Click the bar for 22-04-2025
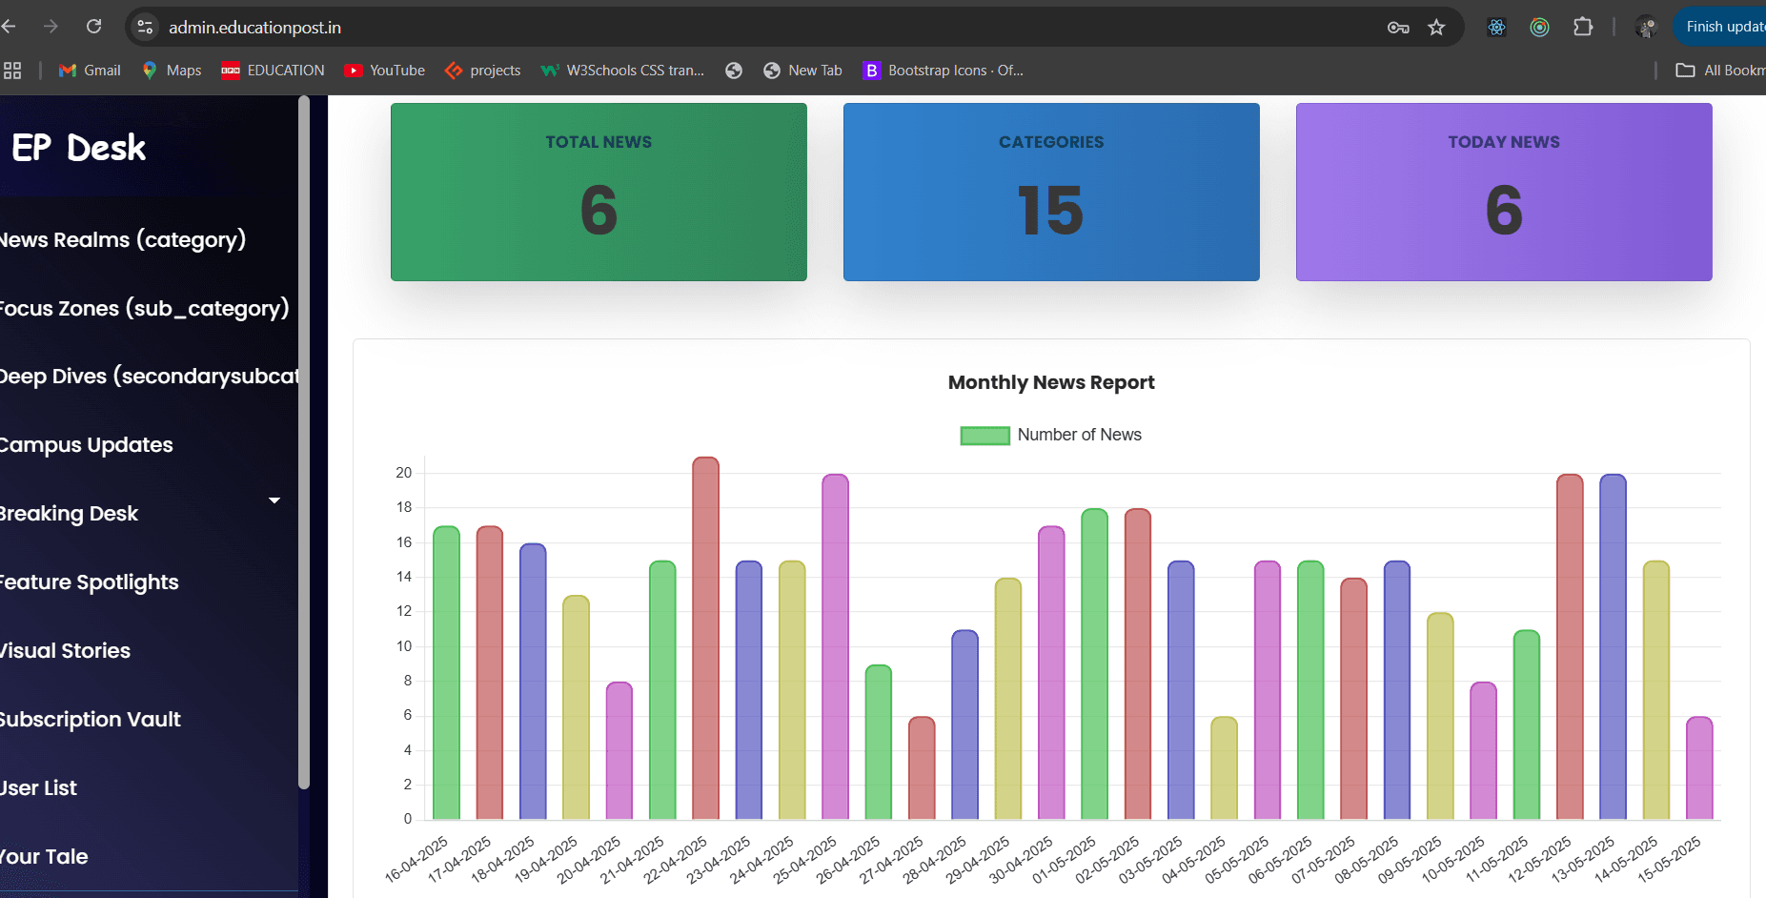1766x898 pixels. click(705, 639)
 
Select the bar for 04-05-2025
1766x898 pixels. click(1224, 768)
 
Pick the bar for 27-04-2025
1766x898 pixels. click(922, 768)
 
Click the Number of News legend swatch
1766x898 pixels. click(984, 436)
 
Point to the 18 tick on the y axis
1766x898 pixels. click(404, 507)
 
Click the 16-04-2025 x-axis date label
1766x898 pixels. click(417, 859)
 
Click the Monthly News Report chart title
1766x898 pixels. click(1050, 382)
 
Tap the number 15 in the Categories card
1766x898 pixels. click(1050, 211)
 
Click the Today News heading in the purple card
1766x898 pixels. click(1503, 142)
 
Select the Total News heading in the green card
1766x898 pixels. click(599, 142)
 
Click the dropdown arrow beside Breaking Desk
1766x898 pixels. click(274, 500)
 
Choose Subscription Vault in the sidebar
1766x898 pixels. click(91, 720)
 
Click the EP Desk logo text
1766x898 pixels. click(79, 148)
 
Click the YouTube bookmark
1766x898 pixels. click(385, 71)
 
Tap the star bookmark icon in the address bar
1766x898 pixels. click(1436, 28)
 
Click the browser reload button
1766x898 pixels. click(93, 27)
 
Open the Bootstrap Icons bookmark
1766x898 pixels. click(943, 71)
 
